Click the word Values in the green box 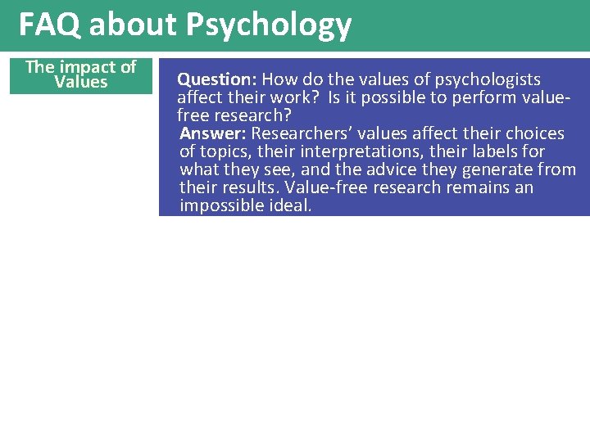click(x=81, y=82)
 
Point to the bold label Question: click(x=218, y=79)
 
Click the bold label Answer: click(x=213, y=133)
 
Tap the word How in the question click(x=279, y=79)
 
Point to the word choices click(x=533, y=133)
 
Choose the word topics click(x=223, y=151)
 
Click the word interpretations click(x=354, y=151)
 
